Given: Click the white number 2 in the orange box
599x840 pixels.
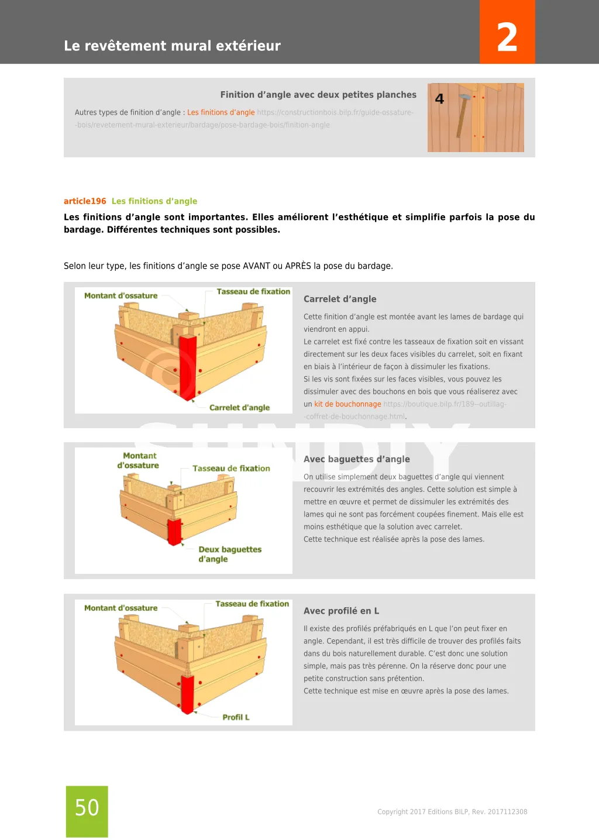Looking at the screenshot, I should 507,37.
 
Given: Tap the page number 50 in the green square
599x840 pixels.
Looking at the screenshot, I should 87,808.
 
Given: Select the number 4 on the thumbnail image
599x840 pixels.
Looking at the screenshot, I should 440,99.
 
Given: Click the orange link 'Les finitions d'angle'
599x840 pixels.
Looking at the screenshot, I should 221,112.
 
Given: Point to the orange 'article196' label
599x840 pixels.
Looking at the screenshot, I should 85,201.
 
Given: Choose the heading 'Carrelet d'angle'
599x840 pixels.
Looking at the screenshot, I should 340,299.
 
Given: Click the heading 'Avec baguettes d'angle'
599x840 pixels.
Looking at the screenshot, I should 356,459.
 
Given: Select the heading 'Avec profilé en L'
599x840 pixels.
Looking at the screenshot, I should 341,611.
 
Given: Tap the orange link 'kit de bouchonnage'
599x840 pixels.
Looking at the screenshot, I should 347,404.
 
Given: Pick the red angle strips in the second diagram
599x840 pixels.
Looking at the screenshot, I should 174,532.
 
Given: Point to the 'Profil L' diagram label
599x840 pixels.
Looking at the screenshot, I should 236,717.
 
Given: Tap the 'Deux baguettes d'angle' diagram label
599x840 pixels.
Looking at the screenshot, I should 229,554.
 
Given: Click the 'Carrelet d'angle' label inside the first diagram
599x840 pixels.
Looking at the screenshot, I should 239,408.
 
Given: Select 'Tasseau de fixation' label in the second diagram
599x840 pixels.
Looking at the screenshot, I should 231,469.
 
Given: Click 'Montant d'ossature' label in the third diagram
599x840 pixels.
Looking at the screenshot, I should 121,608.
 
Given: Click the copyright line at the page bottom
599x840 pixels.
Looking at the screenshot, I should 452,812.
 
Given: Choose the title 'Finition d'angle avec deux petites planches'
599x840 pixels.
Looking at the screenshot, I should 318,95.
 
